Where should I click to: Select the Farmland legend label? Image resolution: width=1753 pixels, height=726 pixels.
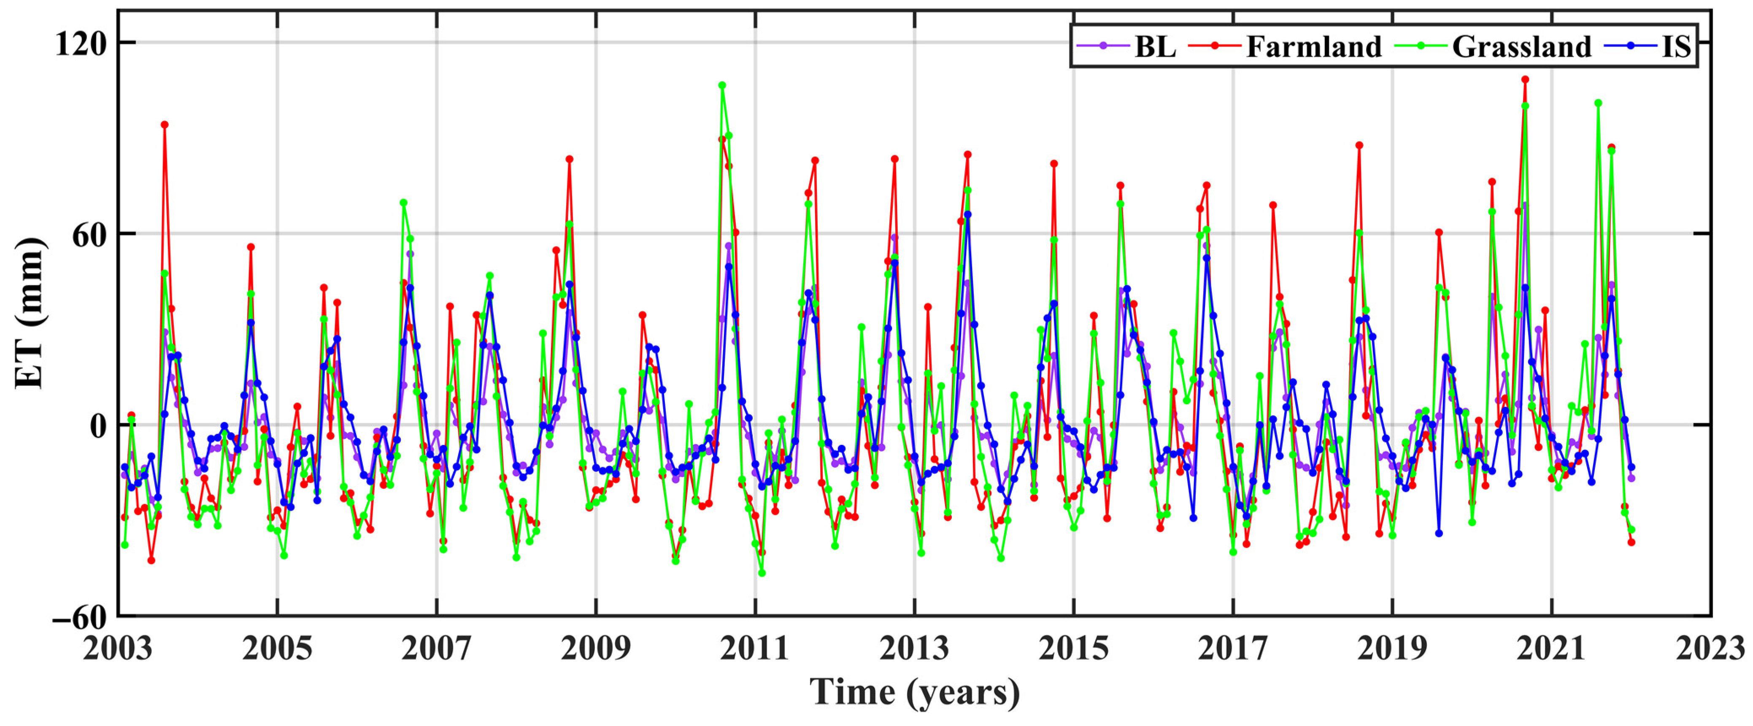click(x=1313, y=47)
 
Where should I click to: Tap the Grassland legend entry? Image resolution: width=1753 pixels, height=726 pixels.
click(x=1521, y=47)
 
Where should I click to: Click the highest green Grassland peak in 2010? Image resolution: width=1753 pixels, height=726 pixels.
click(x=722, y=86)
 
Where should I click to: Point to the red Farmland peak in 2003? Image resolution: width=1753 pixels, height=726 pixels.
click(x=165, y=125)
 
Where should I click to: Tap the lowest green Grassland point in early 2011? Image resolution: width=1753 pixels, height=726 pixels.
click(x=762, y=573)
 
